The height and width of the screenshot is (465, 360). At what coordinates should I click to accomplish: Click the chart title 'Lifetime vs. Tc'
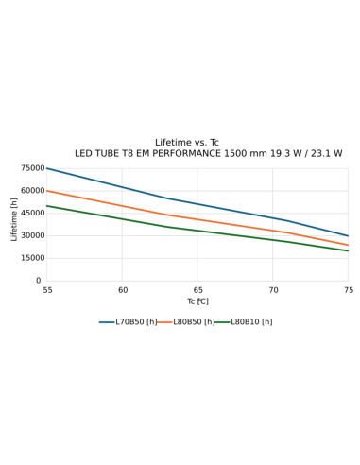(187, 143)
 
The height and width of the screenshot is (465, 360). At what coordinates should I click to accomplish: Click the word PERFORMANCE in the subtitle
(186, 153)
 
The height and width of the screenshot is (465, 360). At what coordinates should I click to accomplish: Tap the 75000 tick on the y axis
(33, 168)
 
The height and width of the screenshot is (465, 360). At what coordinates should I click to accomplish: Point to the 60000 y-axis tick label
(33, 191)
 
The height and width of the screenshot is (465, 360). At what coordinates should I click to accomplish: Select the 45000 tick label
(33, 213)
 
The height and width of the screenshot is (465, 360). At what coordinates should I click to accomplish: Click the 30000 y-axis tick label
(33, 235)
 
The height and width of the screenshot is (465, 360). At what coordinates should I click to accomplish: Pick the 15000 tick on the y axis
(33, 258)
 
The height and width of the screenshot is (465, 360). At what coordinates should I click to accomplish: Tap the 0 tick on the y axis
(39, 281)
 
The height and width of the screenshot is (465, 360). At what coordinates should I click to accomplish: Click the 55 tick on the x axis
(47, 290)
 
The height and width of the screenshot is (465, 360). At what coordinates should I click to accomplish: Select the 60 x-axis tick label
(123, 290)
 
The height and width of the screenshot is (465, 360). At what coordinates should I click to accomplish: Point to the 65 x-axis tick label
(197, 290)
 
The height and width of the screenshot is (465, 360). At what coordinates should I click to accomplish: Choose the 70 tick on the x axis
(273, 290)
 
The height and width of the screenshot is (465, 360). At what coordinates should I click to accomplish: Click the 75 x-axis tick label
(349, 290)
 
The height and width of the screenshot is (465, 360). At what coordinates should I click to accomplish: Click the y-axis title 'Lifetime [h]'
(14, 219)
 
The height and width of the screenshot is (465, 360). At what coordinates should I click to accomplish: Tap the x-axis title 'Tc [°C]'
(197, 301)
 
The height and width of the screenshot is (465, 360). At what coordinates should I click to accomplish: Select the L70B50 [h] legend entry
(129, 322)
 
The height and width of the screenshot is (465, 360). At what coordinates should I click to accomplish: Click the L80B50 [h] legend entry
(186, 322)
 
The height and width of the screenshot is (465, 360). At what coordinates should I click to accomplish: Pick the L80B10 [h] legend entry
(244, 322)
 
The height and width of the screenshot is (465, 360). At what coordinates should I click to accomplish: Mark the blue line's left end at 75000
(47, 168)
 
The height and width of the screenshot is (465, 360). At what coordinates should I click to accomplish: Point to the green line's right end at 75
(348, 250)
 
